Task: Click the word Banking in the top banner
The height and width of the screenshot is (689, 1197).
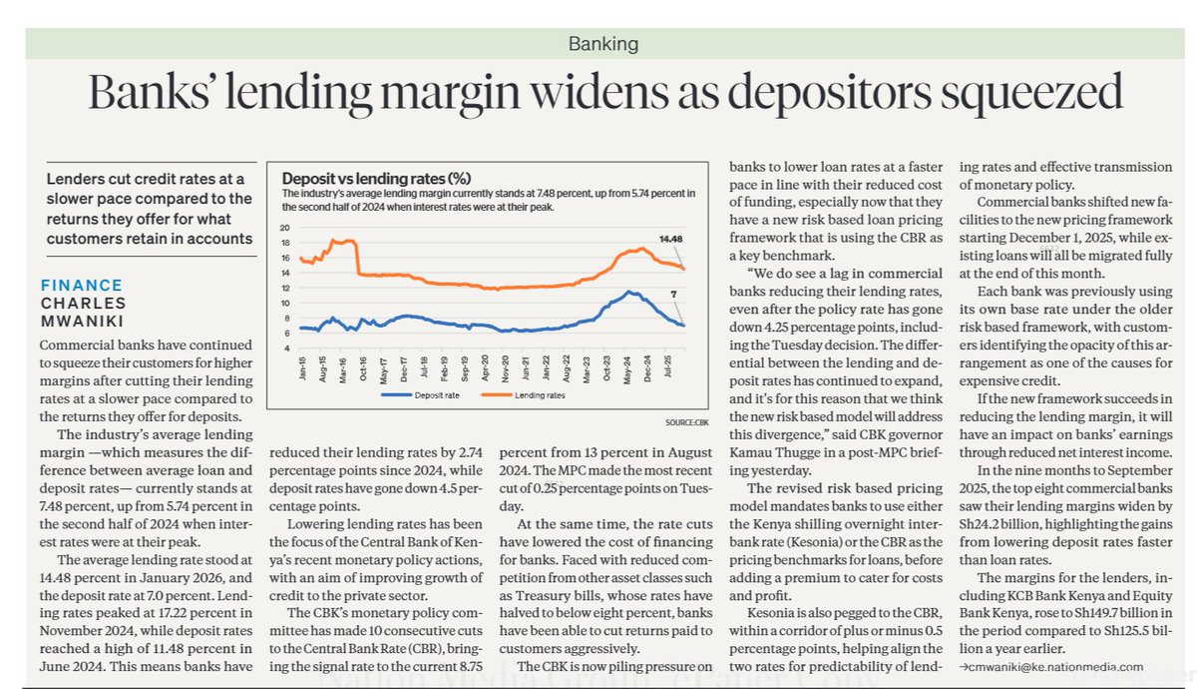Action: click(602, 44)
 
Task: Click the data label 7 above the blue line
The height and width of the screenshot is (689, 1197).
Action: click(675, 295)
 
